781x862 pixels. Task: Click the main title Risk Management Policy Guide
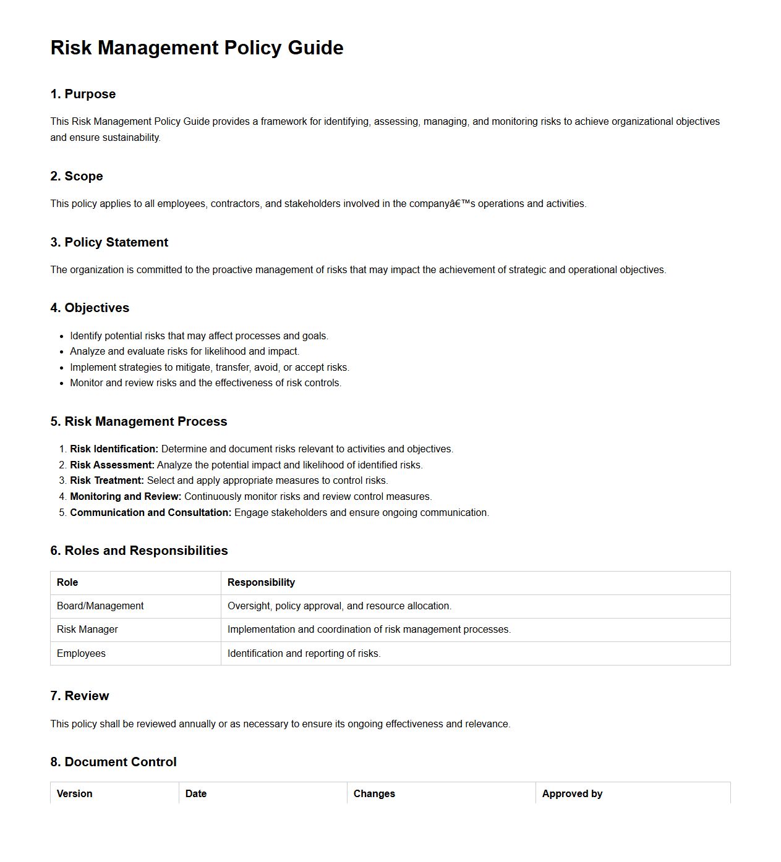click(x=197, y=48)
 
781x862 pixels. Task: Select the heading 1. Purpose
click(x=83, y=94)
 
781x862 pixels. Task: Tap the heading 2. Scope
click(x=77, y=176)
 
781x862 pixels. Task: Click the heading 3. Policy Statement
click(x=109, y=242)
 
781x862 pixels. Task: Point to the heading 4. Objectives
click(x=90, y=308)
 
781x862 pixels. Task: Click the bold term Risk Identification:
click(x=114, y=449)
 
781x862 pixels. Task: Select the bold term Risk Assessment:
click(x=112, y=465)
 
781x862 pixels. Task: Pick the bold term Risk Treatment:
click(x=106, y=481)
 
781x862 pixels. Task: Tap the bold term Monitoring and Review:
click(x=126, y=497)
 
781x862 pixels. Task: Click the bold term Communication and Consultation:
click(x=150, y=513)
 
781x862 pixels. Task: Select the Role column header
click(x=67, y=583)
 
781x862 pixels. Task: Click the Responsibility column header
click(x=261, y=583)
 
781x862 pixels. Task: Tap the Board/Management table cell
click(x=100, y=606)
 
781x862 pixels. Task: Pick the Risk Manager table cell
click(x=87, y=630)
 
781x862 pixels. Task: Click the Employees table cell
click(x=81, y=654)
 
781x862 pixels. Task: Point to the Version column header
click(x=74, y=794)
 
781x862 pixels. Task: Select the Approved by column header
click(x=572, y=794)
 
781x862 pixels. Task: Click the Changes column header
click(x=374, y=794)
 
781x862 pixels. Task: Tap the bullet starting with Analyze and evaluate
click(x=184, y=352)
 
